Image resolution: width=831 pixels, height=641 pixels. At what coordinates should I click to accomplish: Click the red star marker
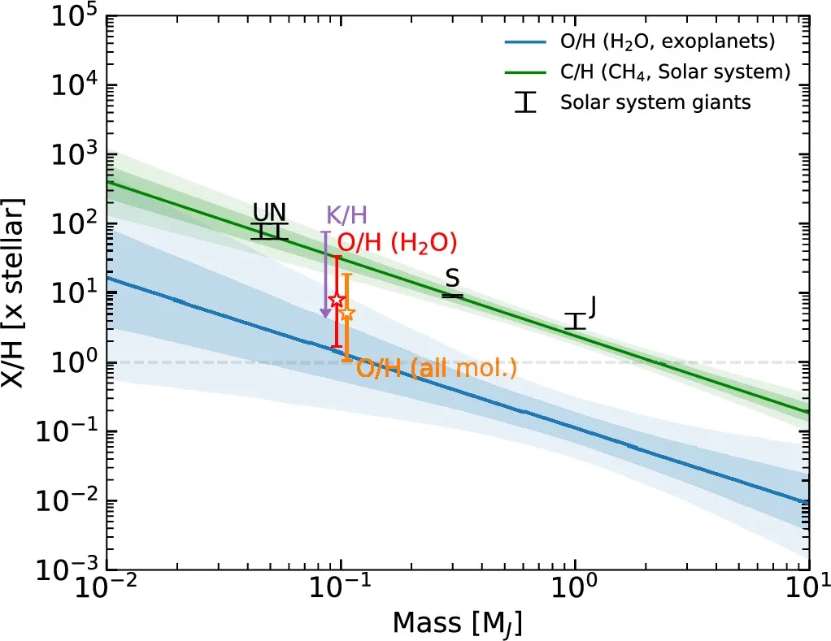337,301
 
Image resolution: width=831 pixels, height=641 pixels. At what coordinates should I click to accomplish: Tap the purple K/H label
346,215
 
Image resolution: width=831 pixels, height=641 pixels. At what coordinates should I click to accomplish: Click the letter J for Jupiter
593,306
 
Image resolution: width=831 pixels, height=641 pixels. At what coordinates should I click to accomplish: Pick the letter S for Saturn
452,279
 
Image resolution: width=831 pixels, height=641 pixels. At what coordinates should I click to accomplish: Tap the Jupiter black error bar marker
576,321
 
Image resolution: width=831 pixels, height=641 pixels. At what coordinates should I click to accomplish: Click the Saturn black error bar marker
452,296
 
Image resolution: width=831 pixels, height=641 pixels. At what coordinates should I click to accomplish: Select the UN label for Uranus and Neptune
269,212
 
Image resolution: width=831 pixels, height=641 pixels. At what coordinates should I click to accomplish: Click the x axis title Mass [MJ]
457,623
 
